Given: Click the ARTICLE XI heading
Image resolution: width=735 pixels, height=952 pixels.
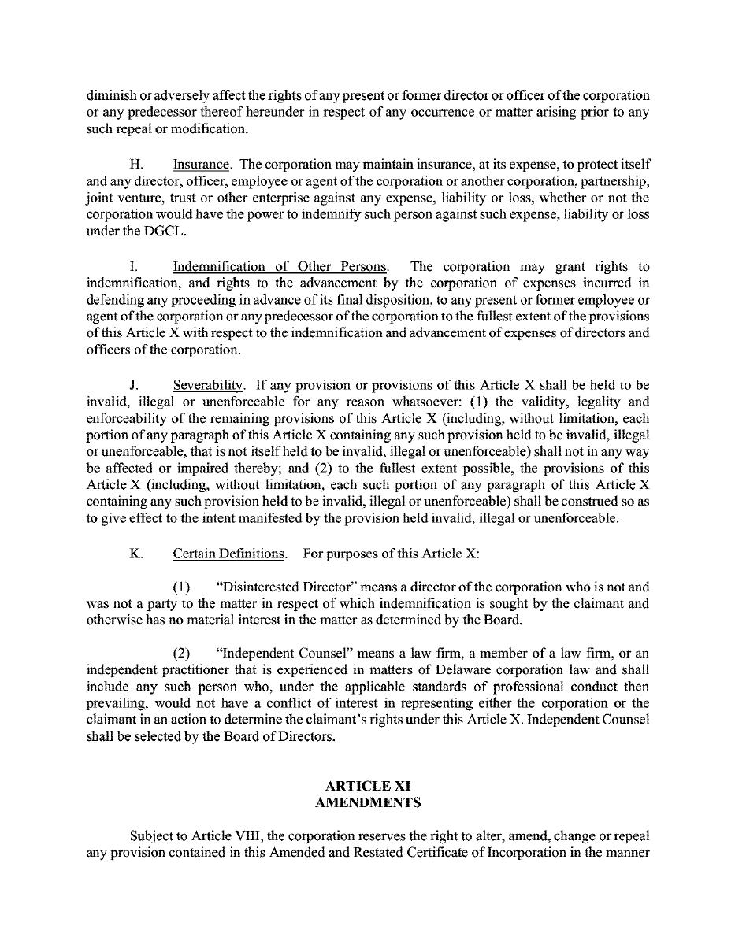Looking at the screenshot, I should point(368,786).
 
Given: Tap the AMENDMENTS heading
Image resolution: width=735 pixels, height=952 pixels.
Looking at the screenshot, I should point(368,802).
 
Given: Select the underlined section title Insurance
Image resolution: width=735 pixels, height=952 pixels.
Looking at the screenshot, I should point(201,165).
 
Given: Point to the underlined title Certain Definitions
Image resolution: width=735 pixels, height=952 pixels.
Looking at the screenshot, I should point(228,554).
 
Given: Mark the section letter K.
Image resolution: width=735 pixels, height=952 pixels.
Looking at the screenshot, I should point(135,554).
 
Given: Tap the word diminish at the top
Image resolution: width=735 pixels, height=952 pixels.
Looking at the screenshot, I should point(111,95).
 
